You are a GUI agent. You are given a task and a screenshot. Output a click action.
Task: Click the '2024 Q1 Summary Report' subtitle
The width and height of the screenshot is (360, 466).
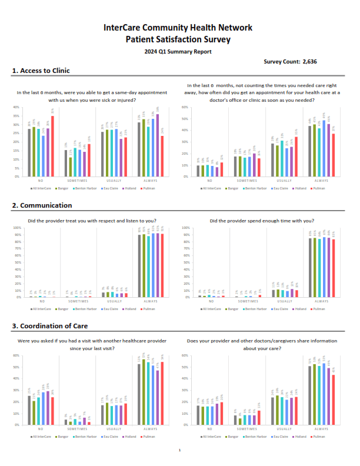[x=178, y=52]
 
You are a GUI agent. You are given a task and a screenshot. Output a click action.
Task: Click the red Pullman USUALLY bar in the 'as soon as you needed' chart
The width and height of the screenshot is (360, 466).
[x=295, y=157]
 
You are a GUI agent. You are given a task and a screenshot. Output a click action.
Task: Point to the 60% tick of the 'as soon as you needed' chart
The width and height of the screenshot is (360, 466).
[x=184, y=108]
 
